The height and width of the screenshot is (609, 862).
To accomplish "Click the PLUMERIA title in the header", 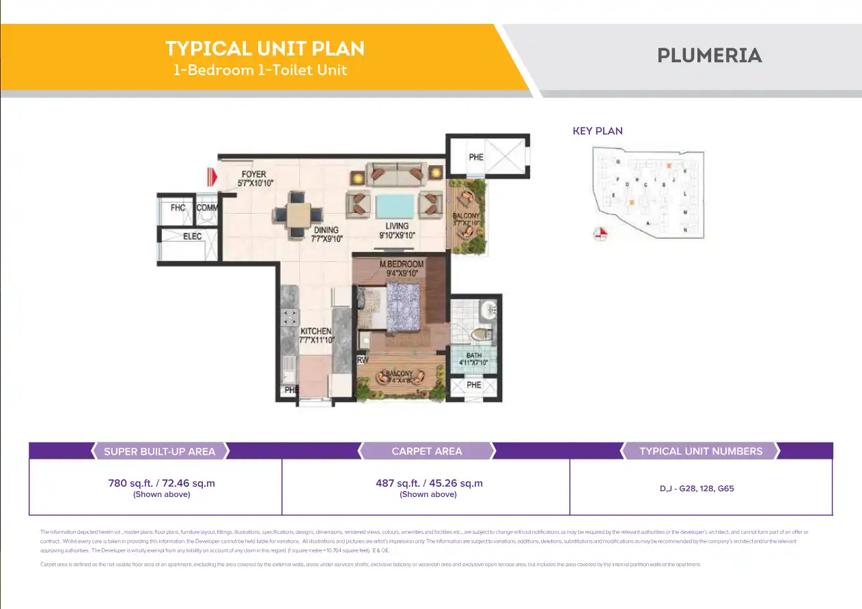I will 709,56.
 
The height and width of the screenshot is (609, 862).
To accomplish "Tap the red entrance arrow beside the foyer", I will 212,178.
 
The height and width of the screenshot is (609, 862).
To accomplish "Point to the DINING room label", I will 326,231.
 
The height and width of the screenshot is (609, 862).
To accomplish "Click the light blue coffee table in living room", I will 395,205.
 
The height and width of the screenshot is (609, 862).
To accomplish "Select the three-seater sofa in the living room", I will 396,175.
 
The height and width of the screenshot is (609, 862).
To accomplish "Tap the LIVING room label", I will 397,226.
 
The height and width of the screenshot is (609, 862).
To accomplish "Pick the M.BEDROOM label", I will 402,264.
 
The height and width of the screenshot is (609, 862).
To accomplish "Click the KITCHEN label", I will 316,332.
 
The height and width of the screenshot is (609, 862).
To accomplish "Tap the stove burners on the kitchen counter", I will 290,318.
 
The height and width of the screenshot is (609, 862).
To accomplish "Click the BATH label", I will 474,356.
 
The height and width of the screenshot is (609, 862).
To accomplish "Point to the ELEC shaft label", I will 192,236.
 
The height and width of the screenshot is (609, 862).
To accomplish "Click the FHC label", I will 178,208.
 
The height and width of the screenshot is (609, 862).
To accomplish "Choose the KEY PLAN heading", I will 598,131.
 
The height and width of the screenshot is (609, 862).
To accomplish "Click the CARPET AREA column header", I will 427,451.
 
